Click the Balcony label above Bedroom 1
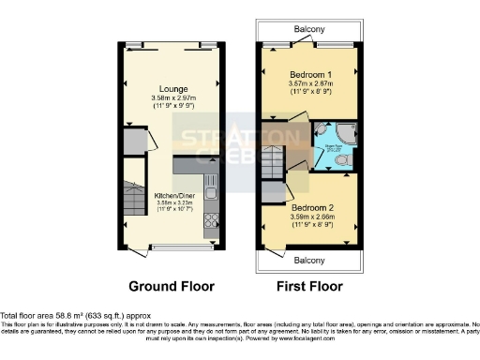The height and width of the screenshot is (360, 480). (308, 30)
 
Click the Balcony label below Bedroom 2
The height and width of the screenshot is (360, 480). (308, 258)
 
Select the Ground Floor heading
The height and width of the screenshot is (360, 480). (172, 286)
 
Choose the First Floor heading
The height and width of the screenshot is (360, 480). (308, 286)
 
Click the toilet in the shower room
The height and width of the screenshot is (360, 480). (344, 160)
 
